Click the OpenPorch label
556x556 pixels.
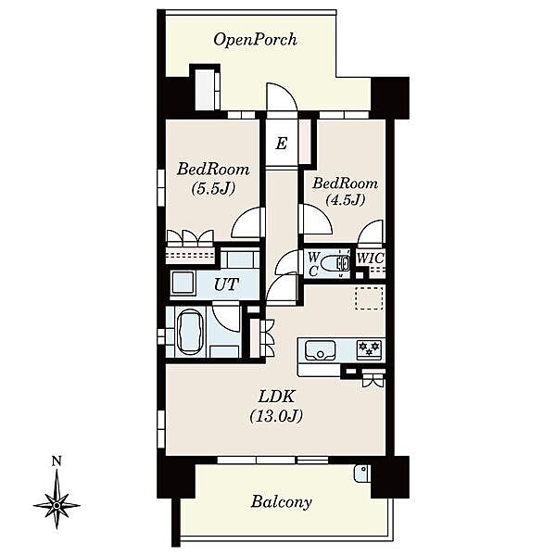point(256,40)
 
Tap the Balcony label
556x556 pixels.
point(281,501)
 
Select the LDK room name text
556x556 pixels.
point(276,397)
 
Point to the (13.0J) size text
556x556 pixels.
point(276,415)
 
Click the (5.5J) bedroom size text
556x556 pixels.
point(213,189)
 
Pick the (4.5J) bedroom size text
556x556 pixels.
point(346,200)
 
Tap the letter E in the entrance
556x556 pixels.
point(281,144)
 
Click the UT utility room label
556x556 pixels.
point(227,284)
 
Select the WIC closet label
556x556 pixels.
point(370,259)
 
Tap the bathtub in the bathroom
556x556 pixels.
point(189,333)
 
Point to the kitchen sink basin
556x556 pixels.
point(321,349)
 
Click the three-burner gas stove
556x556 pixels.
point(370,347)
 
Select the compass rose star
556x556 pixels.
point(57,505)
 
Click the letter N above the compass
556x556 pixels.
point(57,461)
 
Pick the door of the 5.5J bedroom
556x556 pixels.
point(248,222)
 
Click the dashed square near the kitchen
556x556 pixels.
point(369,298)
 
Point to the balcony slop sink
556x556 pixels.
point(362,473)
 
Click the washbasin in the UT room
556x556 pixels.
point(183,283)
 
